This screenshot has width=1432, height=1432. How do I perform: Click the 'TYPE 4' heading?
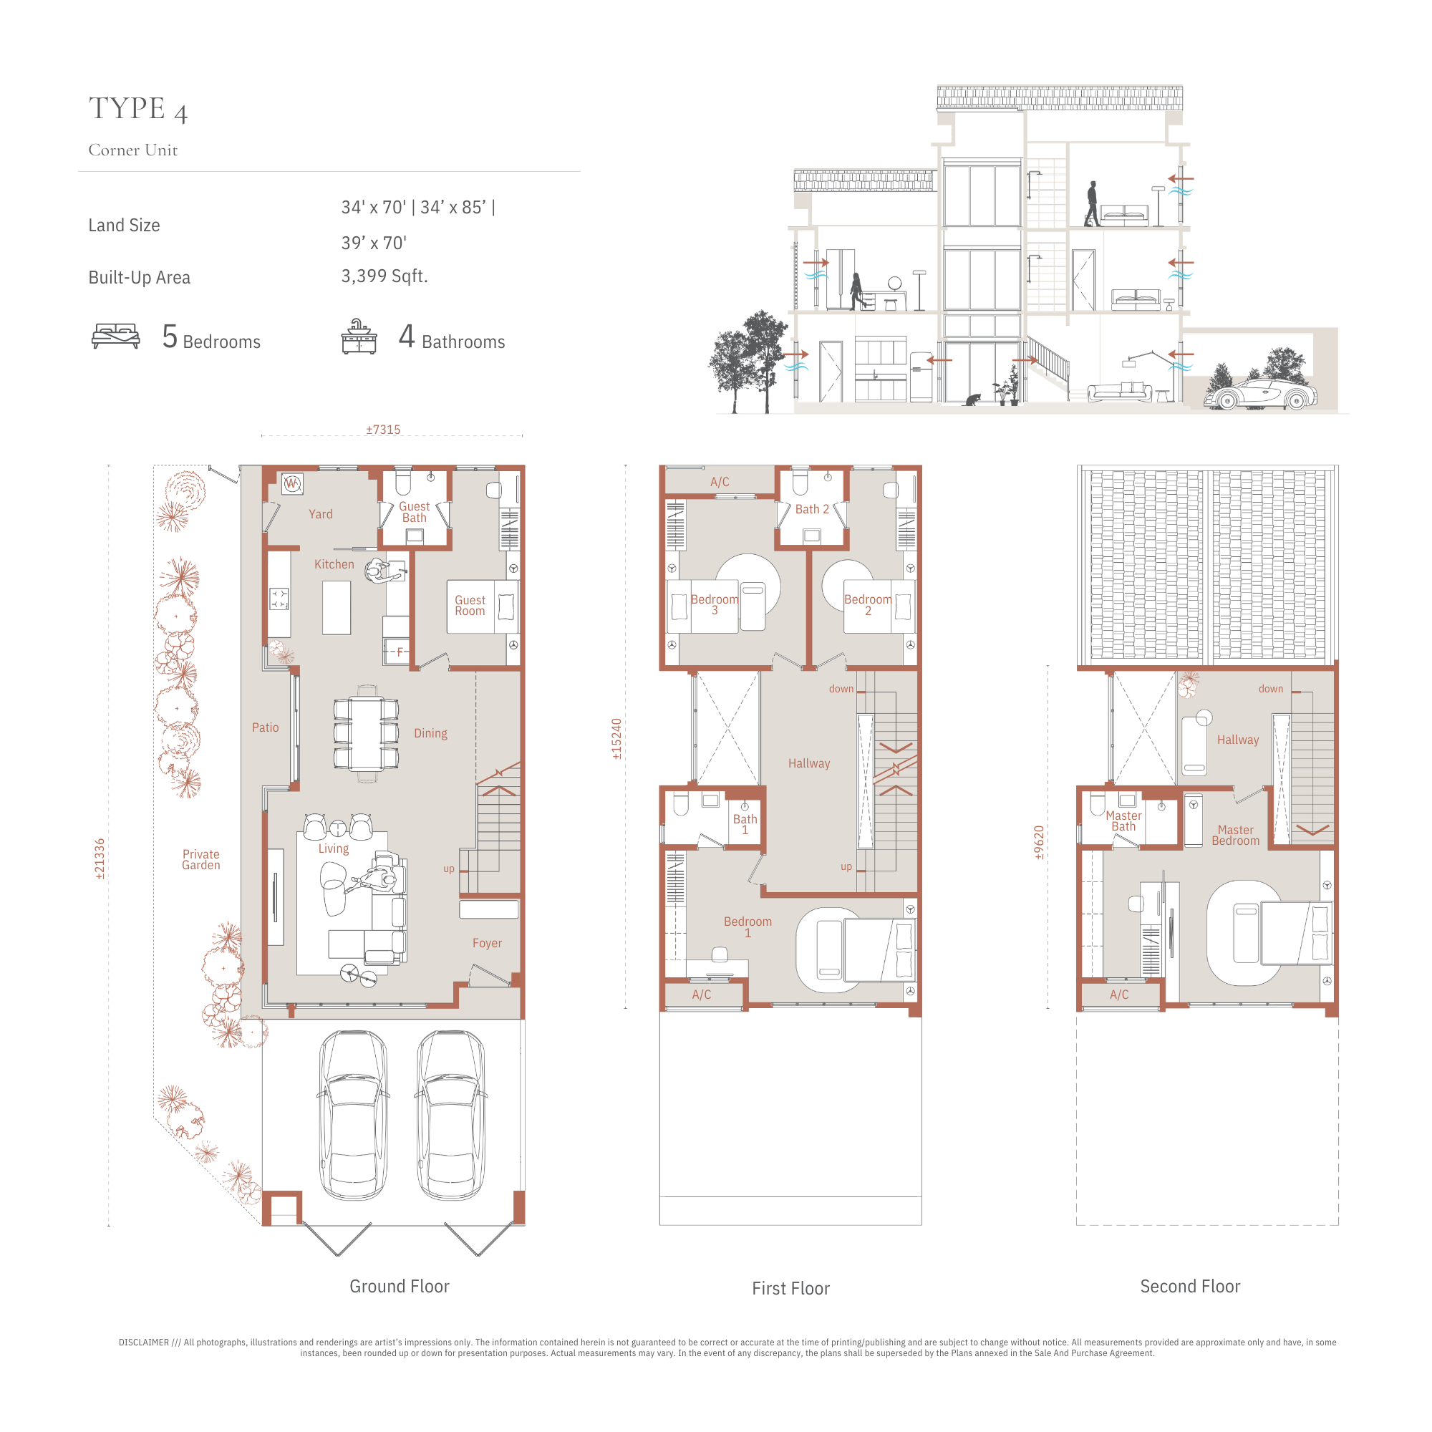(138, 109)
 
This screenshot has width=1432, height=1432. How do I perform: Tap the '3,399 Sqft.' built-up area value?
(384, 276)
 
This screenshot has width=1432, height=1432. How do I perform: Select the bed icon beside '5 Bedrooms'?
(115, 336)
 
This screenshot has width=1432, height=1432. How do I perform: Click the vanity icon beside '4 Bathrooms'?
(359, 337)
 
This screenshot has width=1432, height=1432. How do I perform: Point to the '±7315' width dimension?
(383, 430)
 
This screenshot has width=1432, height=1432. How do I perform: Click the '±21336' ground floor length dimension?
(100, 860)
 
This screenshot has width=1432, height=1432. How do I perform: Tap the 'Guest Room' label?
(470, 606)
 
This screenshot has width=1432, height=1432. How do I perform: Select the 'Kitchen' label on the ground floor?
(334, 564)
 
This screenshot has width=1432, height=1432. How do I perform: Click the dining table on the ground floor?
(366, 734)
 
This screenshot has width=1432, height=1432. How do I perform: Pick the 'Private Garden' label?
(201, 860)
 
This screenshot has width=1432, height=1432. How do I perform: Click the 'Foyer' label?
(487, 943)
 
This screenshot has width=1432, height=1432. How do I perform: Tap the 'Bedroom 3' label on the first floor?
(715, 605)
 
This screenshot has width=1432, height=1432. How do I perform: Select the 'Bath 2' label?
(812, 509)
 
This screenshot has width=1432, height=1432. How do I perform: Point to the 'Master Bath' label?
(1123, 821)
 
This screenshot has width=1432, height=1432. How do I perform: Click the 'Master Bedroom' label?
(1236, 836)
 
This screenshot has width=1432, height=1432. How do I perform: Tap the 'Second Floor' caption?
(1189, 1286)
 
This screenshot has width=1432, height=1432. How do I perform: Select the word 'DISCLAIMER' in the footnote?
(144, 1342)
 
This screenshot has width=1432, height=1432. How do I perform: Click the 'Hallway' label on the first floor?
(808, 763)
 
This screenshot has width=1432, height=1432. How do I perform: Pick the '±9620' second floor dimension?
(1039, 843)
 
